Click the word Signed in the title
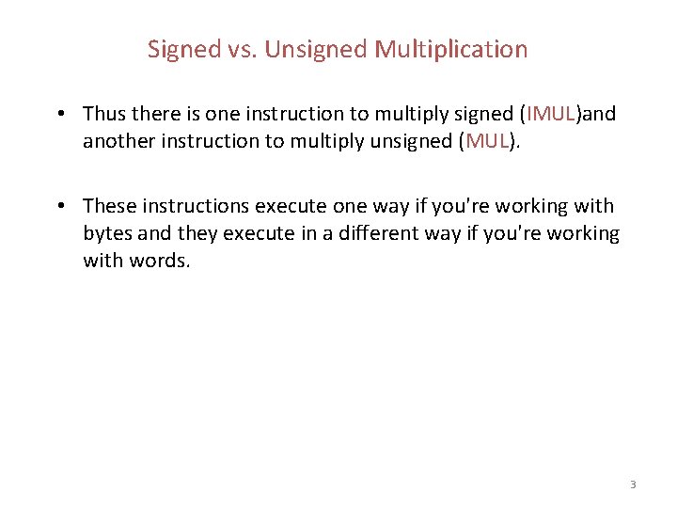click(183, 49)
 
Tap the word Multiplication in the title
click(451, 49)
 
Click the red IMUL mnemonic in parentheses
click(551, 115)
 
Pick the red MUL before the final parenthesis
click(487, 141)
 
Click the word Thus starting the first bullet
click(103, 115)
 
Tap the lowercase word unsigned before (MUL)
click(413, 141)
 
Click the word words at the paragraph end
click(160, 261)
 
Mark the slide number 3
click(633, 484)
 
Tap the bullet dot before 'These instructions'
click(59, 206)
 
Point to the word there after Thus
click(152, 115)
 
